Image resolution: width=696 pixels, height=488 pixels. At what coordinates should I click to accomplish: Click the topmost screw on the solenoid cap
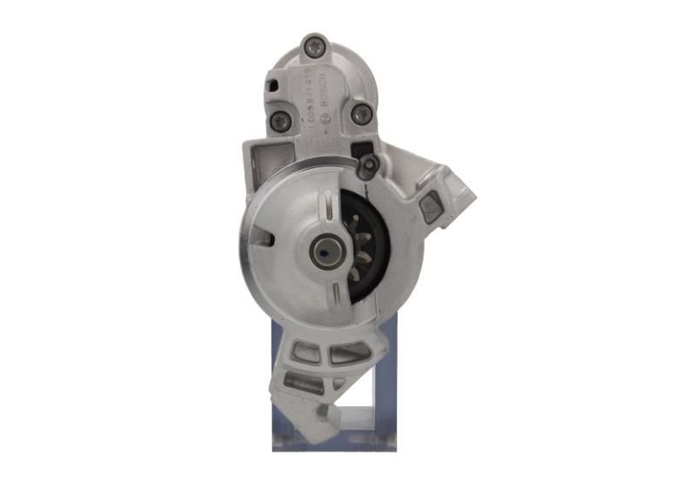(x=314, y=47)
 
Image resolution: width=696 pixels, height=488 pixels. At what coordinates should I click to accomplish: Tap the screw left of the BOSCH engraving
(x=279, y=122)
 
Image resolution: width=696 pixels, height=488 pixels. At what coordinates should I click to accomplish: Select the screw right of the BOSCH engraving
(x=361, y=115)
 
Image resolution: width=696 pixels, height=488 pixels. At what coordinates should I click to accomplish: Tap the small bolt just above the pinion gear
(x=368, y=165)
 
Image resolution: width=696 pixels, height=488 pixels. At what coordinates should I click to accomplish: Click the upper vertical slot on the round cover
(x=328, y=205)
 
